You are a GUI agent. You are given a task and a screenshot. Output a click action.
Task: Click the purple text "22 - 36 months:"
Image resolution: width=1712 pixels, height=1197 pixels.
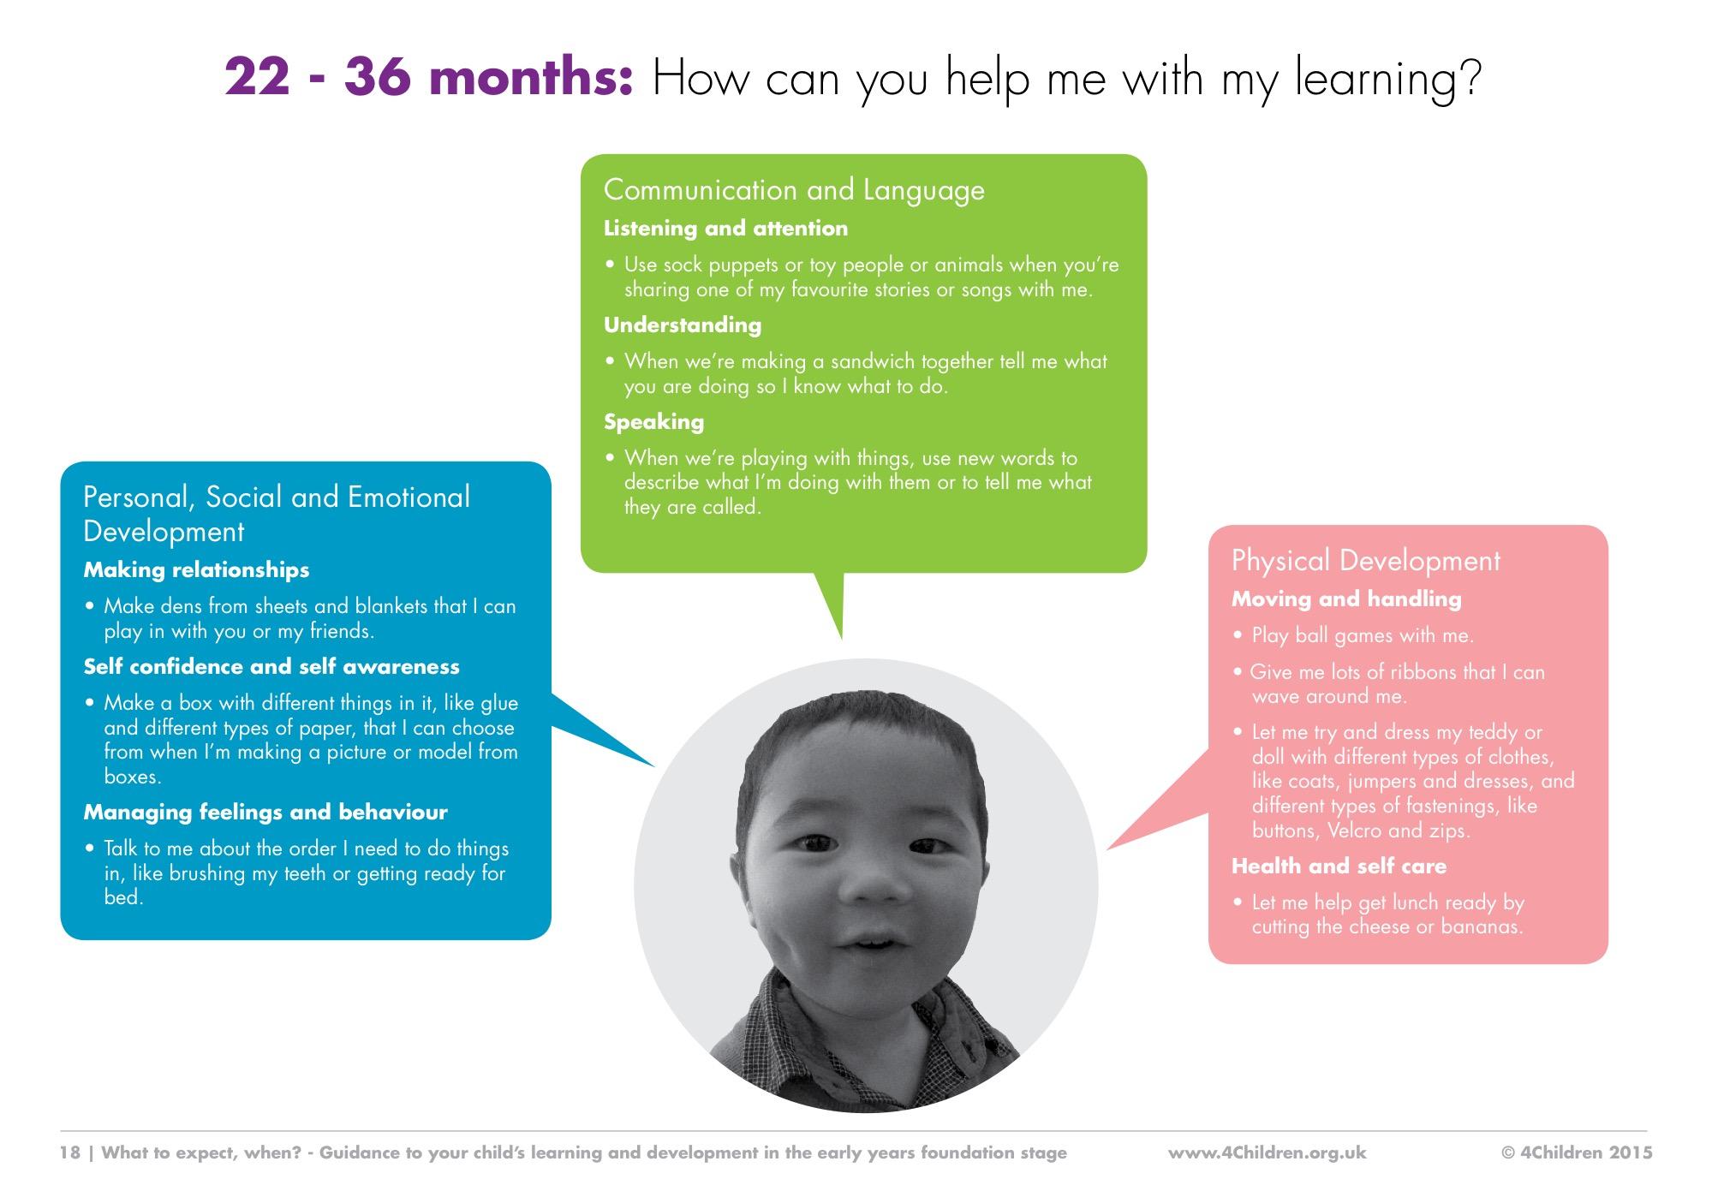[x=429, y=79]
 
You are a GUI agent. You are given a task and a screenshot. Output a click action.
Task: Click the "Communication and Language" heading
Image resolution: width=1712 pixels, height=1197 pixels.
[x=794, y=190]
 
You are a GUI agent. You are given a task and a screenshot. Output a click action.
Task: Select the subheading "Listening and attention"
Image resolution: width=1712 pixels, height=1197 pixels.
[x=725, y=228]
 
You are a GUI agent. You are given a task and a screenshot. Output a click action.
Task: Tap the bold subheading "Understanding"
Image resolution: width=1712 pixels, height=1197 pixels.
[x=683, y=325]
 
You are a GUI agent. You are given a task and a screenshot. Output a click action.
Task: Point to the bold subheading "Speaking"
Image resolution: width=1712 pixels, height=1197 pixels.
[x=653, y=421]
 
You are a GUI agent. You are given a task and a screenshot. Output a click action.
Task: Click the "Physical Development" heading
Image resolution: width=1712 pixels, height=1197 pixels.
[x=1365, y=561]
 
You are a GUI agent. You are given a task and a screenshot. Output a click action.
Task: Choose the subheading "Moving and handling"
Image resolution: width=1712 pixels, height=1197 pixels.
[x=1346, y=598]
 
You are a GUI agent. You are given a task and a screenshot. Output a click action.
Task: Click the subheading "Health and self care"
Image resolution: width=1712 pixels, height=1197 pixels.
[x=1339, y=866]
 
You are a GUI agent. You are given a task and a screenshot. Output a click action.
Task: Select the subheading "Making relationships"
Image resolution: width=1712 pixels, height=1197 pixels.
[x=196, y=569]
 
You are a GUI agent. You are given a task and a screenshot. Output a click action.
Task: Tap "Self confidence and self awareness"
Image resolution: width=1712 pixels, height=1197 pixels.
[x=271, y=666]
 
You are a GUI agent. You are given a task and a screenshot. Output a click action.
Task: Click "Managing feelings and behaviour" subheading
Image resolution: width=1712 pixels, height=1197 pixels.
[x=265, y=812]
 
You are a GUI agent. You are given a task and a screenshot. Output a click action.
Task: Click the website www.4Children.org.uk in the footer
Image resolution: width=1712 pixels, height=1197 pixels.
[x=1267, y=1152]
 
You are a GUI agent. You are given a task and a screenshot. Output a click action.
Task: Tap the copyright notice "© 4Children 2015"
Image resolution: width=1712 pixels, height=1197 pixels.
[x=1578, y=1152]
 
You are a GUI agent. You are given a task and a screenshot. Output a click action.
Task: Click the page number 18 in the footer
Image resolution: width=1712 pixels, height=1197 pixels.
[x=69, y=1152]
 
